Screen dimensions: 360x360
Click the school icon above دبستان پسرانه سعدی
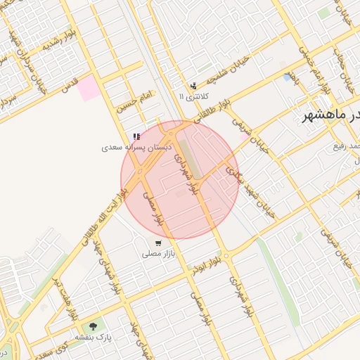point(136,136)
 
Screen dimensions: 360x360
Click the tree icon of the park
point(94,327)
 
